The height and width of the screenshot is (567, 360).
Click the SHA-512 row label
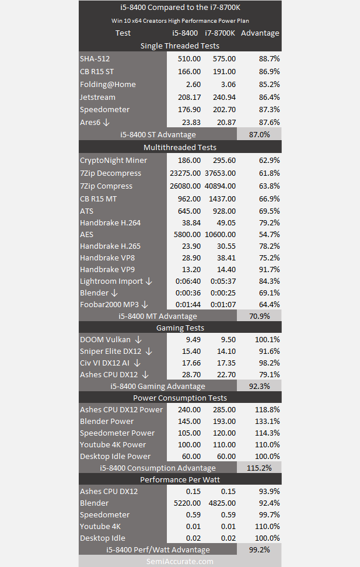coord(95,58)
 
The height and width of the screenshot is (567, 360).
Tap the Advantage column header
coord(260,33)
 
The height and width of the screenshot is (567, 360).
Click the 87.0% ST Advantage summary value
coord(259,134)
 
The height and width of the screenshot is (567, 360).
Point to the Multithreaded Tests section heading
coord(180,147)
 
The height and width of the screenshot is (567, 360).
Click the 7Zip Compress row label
coord(106,186)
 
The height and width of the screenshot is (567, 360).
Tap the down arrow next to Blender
coord(114,293)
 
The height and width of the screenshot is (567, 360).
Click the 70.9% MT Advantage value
coord(259,316)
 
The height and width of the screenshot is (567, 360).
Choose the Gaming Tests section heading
coord(180,328)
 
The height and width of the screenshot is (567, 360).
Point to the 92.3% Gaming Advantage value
coord(259,386)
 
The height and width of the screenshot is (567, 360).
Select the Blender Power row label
coord(107,421)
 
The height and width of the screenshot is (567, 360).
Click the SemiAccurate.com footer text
coord(180,561)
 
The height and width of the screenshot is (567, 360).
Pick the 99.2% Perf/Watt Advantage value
coord(259,549)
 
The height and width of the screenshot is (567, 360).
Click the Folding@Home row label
coord(108,84)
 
